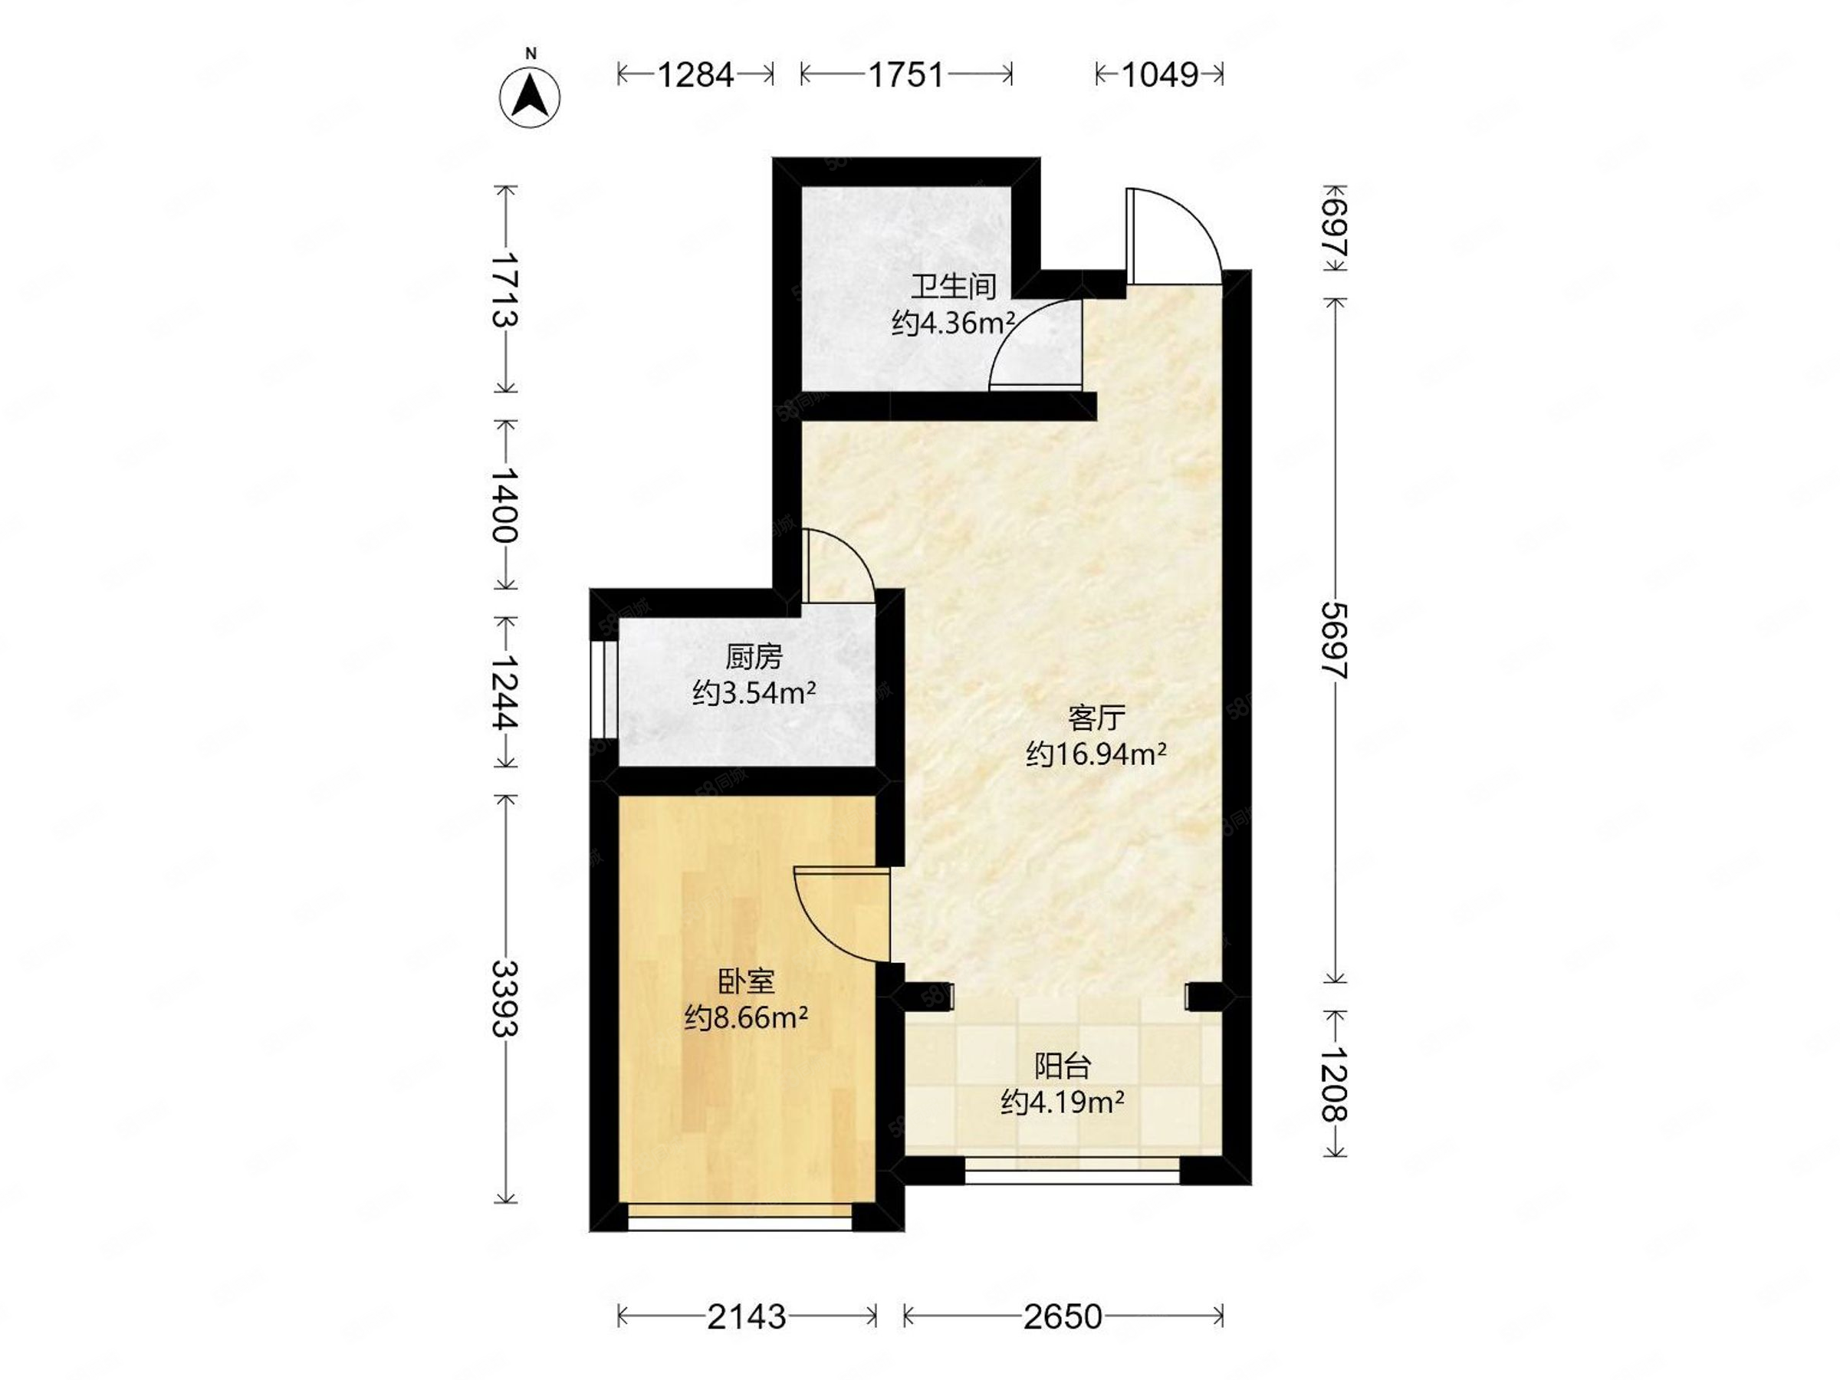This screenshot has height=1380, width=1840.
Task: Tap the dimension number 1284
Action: [695, 75]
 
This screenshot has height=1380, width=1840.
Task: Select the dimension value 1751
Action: [906, 75]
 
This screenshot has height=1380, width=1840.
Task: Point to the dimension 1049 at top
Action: [1159, 75]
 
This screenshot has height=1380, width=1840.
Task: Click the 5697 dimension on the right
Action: [1335, 640]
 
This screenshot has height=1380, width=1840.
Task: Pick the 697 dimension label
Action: [1335, 227]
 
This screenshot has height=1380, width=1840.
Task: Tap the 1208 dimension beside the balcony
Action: [1335, 1083]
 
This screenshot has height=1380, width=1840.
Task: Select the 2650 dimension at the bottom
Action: [1063, 1317]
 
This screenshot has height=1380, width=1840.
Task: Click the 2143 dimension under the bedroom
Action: [746, 1317]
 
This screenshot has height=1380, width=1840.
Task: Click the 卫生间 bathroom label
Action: [953, 287]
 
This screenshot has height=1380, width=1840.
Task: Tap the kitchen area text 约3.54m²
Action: [754, 693]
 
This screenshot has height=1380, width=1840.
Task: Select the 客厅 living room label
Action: [1096, 717]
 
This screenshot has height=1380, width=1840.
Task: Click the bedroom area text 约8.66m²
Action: [746, 1017]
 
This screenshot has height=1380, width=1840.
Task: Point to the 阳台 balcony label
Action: [1063, 1066]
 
